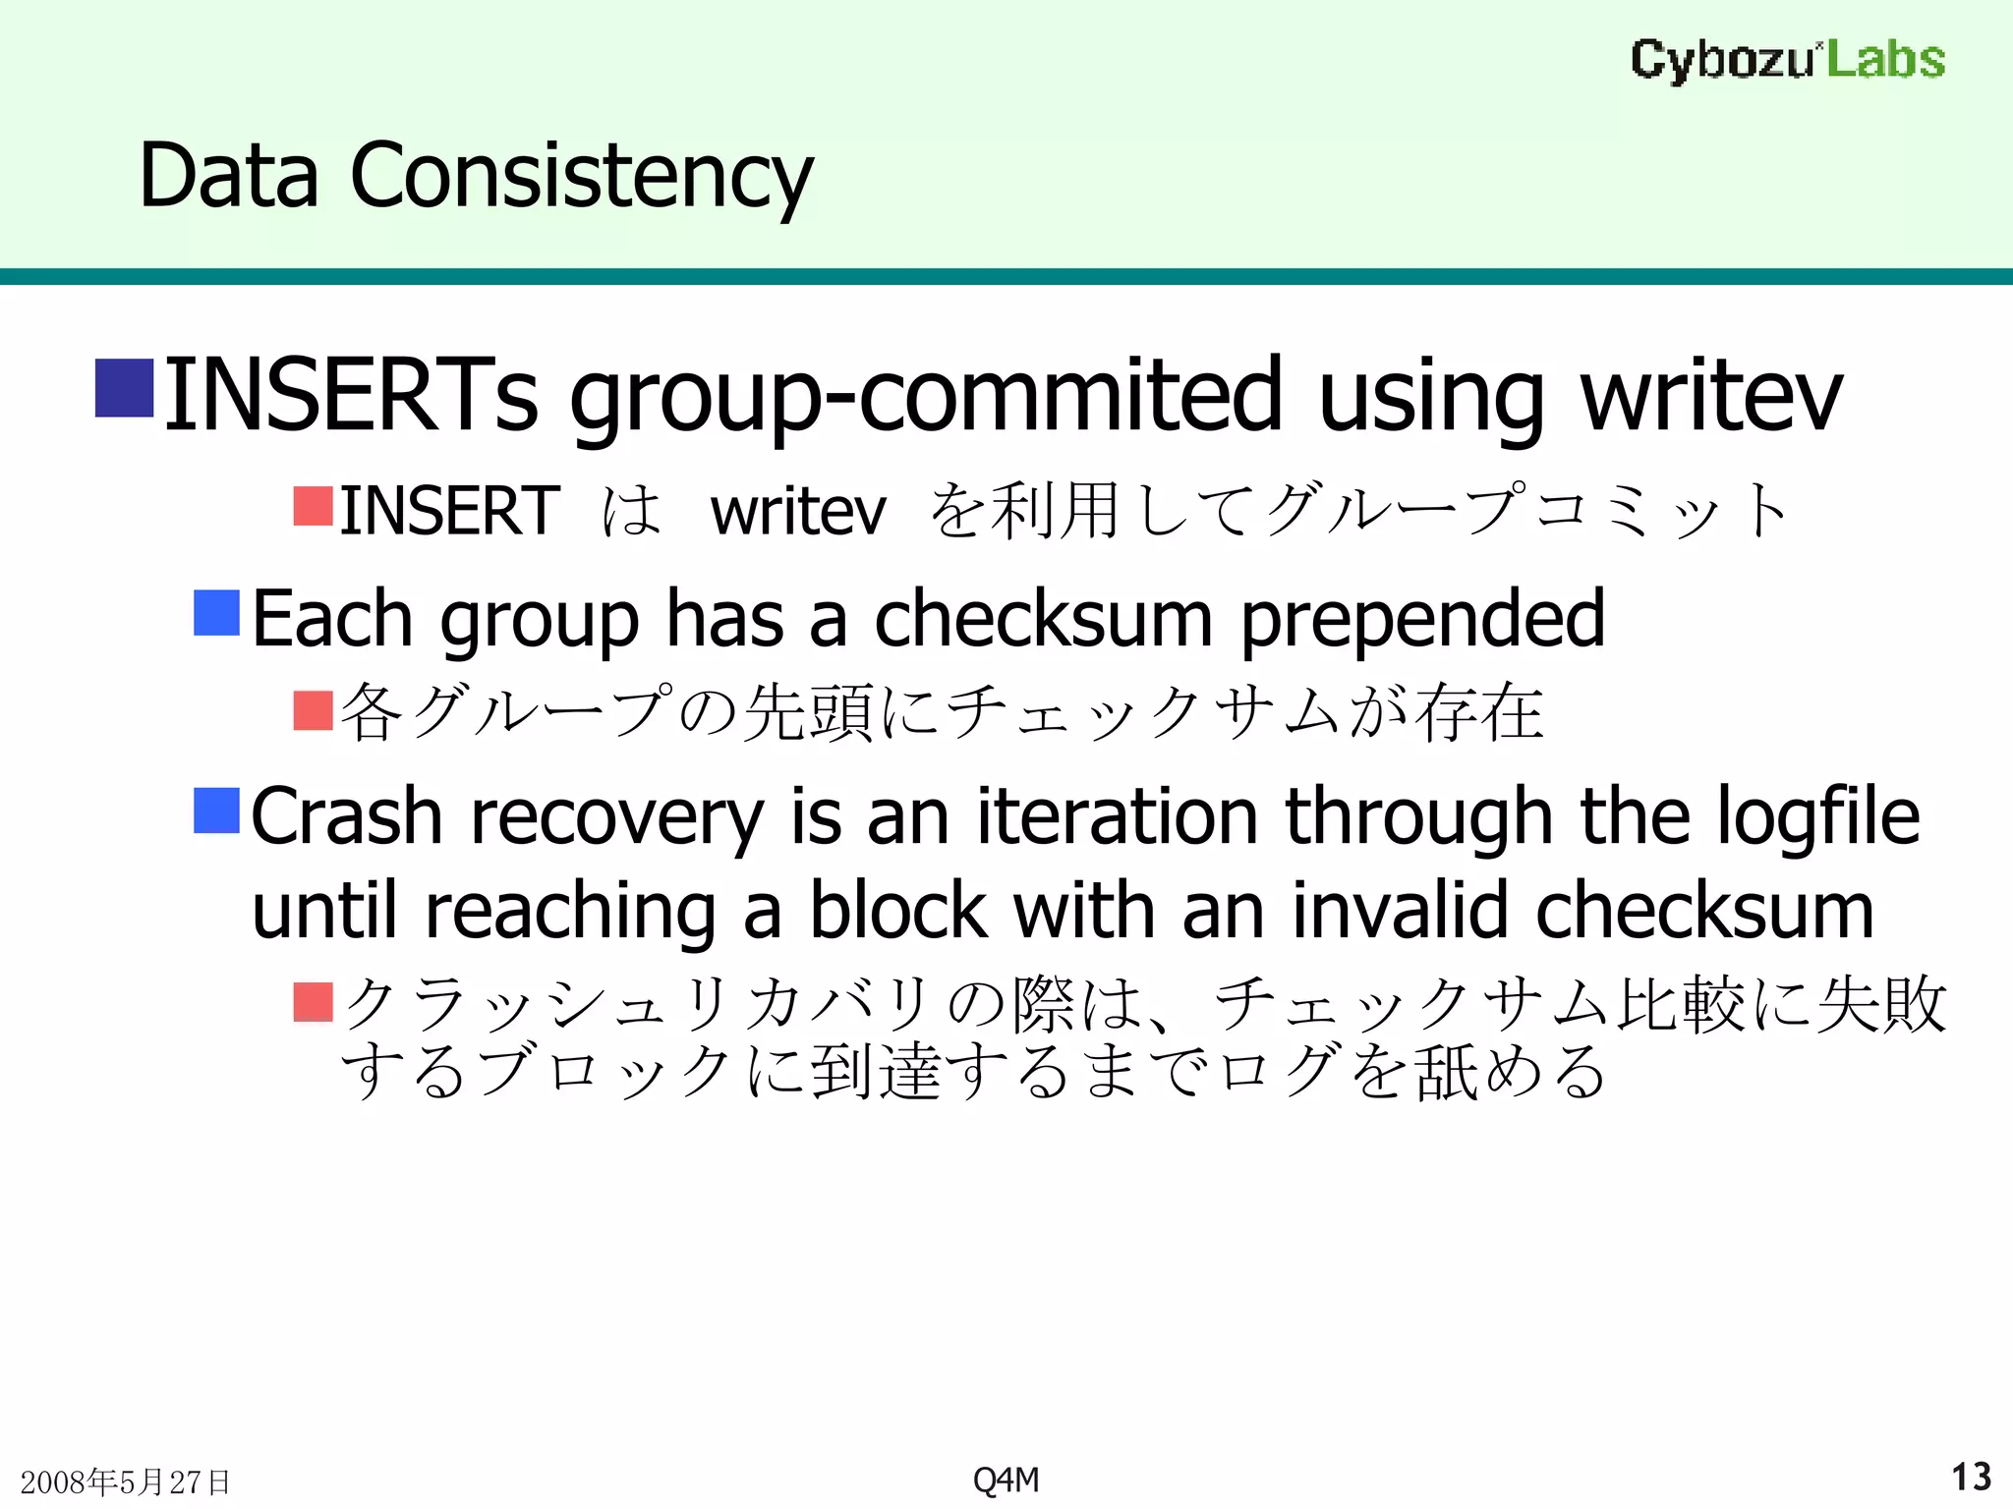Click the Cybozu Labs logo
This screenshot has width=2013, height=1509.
[1787, 59]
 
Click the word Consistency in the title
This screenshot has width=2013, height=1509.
[582, 177]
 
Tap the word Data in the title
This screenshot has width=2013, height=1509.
[229, 177]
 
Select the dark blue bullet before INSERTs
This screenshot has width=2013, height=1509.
[124, 389]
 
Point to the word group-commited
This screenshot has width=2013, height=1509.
[926, 395]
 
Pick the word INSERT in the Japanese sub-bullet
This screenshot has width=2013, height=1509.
[449, 511]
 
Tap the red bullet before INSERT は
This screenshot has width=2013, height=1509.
[314, 506]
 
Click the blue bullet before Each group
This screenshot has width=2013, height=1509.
[216, 613]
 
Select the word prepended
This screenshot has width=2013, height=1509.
[1422, 619]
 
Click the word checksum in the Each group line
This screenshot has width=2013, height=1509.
[1043, 619]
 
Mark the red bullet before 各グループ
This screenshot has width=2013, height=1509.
[314, 710]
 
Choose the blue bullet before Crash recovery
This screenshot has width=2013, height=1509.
[216, 810]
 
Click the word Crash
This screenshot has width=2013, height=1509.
[347, 816]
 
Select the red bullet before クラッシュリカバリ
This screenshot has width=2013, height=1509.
[314, 1002]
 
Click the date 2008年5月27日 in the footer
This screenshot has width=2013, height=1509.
[125, 1481]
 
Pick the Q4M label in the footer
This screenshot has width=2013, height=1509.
[1006, 1480]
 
